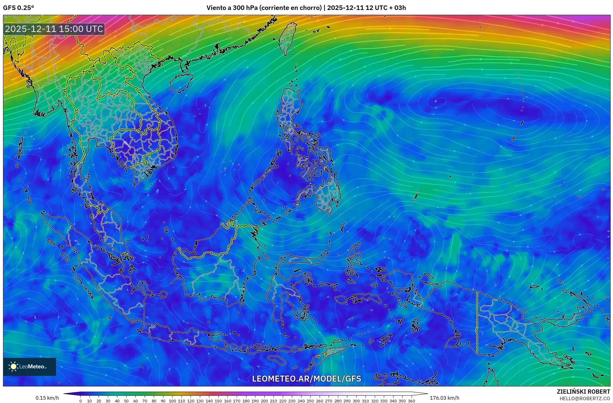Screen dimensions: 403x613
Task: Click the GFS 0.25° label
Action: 18,8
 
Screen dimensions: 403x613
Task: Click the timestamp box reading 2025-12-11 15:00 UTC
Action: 54,29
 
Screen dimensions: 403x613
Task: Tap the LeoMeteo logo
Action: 30,367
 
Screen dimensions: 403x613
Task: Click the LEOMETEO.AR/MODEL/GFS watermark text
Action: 306,379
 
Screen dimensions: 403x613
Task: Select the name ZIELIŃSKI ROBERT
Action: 583,392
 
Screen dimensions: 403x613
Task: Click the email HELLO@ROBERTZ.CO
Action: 585,398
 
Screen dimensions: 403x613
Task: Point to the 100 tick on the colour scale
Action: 172,401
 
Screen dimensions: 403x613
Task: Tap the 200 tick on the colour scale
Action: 264,401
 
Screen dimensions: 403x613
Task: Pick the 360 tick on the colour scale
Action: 411,401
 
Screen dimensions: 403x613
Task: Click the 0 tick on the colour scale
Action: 80,401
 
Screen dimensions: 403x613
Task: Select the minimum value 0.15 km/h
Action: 47,398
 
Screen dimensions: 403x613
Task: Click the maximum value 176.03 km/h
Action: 444,398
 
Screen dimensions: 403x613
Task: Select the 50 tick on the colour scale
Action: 126,401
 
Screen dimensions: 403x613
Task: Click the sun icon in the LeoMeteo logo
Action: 13,367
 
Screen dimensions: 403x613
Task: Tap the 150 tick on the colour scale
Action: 218,401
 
